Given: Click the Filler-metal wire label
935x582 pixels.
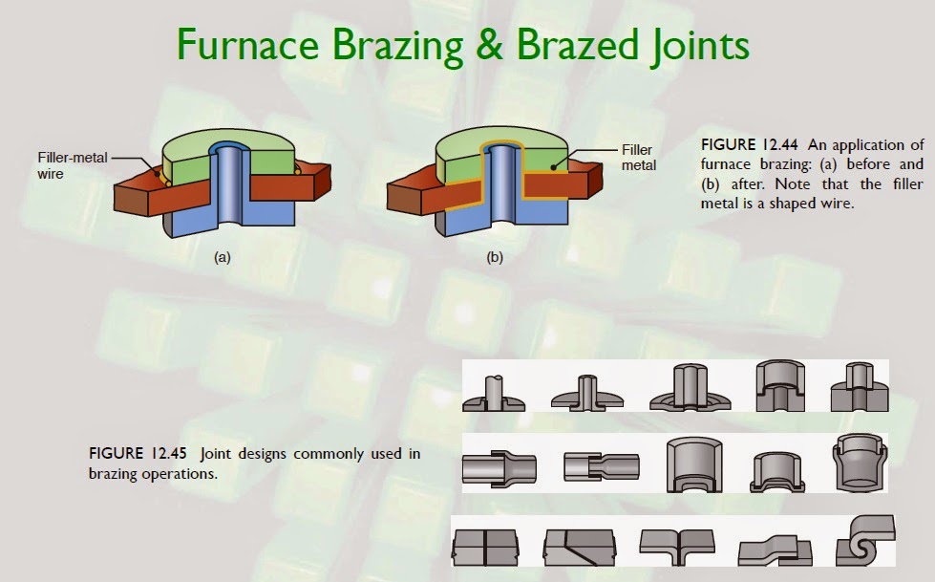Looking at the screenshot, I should click(71, 165).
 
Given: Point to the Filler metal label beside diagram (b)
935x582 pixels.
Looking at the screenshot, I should click(637, 158).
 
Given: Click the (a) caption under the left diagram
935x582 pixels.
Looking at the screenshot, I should click(223, 256).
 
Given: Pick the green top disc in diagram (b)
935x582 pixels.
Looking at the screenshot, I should click(530, 143).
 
